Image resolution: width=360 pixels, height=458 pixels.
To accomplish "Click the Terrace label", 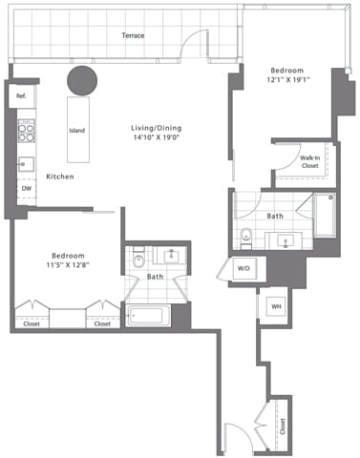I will pyautogui.click(x=133, y=35).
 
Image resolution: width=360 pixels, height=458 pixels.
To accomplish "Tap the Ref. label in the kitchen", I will pyautogui.click(x=20, y=95).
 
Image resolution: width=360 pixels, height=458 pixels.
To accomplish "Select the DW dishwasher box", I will pyautogui.click(x=26, y=189).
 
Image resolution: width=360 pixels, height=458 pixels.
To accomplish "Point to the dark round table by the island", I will pyautogui.click(x=81, y=80).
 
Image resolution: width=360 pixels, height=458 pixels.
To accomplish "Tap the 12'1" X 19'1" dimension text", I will pyautogui.click(x=286, y=81).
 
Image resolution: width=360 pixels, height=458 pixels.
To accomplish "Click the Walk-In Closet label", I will pyautogui.click(x=309, y=162).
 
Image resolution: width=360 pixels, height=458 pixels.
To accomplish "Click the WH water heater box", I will pyautogui.click(x=276, y=305).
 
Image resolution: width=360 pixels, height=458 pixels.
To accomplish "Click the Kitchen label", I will pyautogui.click(x=61, y=177).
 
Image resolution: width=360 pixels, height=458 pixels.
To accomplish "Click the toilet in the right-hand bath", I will pyautogui.click(x=245, y=237).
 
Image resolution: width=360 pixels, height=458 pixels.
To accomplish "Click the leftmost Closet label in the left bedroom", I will pyautogui.click(x=32, y=323).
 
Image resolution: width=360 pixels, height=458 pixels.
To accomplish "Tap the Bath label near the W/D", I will pyautogui.click(x=275, y=217).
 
